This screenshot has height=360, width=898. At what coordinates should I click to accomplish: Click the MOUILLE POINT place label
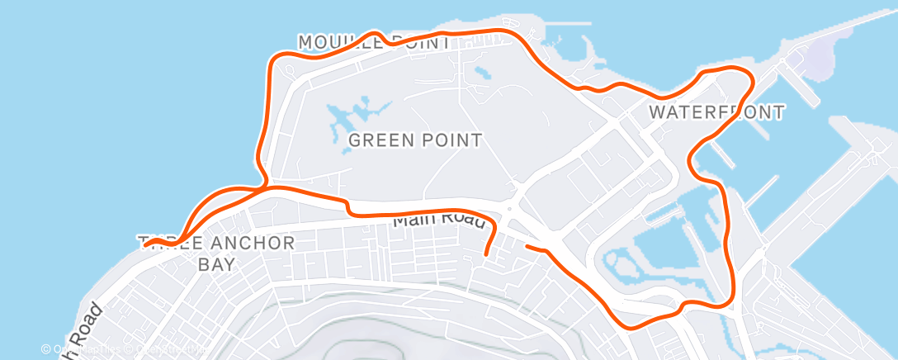(374, 41)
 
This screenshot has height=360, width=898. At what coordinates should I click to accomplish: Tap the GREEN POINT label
(415, 140)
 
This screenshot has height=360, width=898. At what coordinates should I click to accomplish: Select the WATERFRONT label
(716, 111)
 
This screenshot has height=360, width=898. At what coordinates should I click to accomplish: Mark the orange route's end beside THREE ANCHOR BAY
(145, 244)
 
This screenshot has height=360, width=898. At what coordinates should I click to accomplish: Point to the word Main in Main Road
(412, 219)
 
